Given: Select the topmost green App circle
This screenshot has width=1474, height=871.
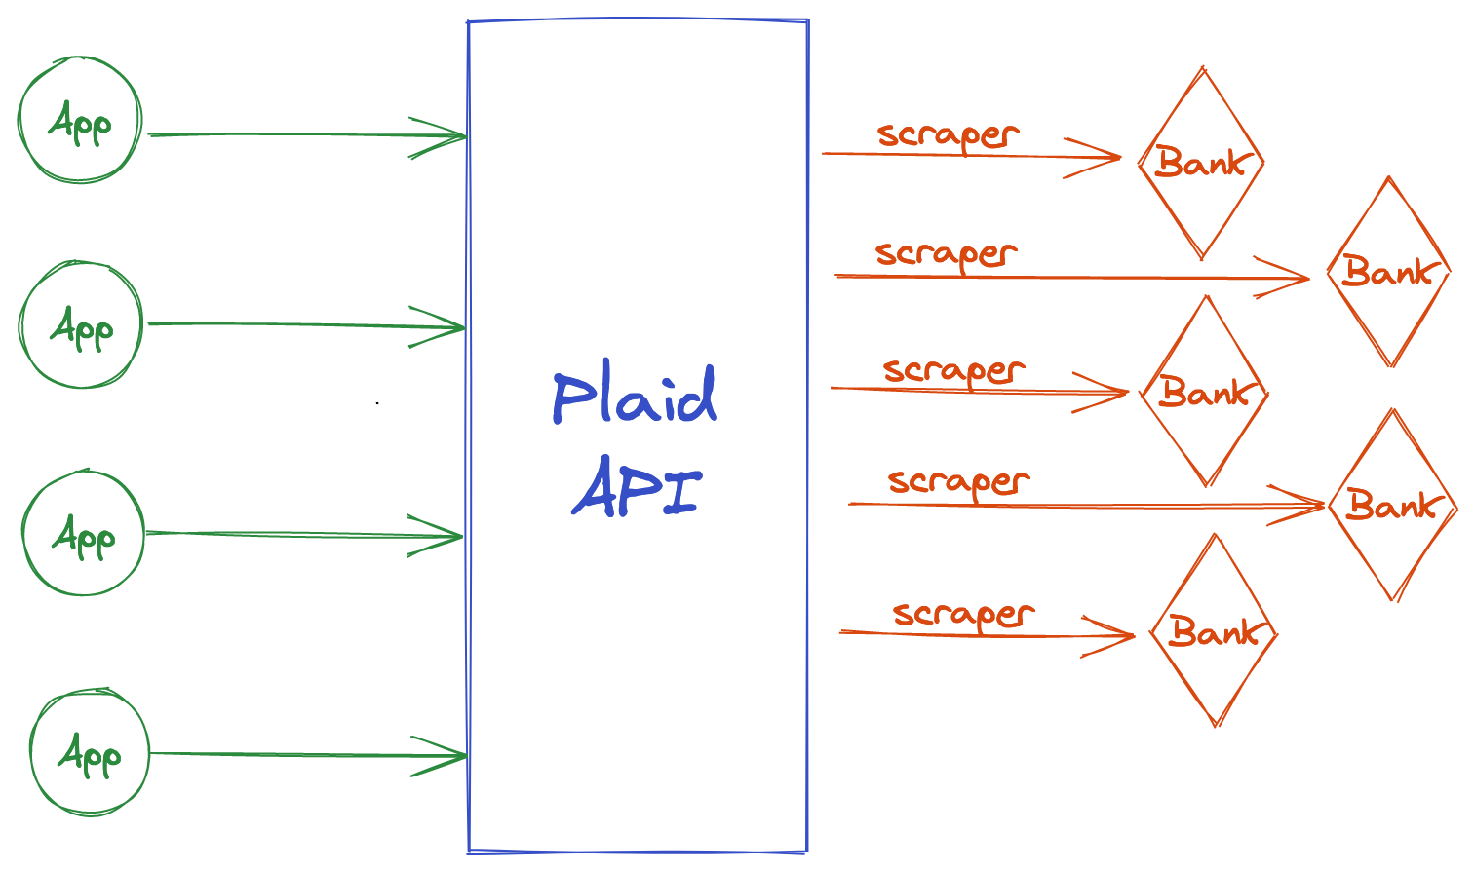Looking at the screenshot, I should pyautogui.click(x=80, y=121).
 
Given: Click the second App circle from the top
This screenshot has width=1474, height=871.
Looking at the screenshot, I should pyautogui.click(x=82, y=325).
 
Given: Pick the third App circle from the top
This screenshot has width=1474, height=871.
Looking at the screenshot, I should pyautogui.click(x=84, y=534).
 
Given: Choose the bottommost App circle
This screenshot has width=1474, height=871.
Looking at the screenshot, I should pyautogui.click(x=90, y=753).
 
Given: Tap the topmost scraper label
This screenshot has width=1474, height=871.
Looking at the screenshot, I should pyautogui.click(x=947, y=135).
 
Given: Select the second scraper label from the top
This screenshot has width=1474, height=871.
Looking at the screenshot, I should pyautogui.click(x=946, y=254).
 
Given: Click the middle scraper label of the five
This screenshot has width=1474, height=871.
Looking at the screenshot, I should pyautogui.click(x=953, y=371).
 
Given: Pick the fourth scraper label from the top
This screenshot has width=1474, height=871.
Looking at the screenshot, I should pyautogui.click(x=958, y=481).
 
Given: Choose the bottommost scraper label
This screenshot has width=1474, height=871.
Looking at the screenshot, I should pyautogui.click(x=962, y=615).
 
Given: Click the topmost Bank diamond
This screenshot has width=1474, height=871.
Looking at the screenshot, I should pyautogui.click(x=1201, y=163).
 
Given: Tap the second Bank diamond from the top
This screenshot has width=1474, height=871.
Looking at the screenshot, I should pyautogui.click(x=1389, y=272).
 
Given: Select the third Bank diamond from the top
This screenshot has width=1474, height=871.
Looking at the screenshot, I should pyautogui.click(x=1205, y=392).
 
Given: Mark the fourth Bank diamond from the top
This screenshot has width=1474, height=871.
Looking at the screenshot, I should pyautogui.click(x=1392, y=505).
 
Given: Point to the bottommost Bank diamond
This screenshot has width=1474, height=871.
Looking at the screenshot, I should pyautogui.click(x=1215, y=632).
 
